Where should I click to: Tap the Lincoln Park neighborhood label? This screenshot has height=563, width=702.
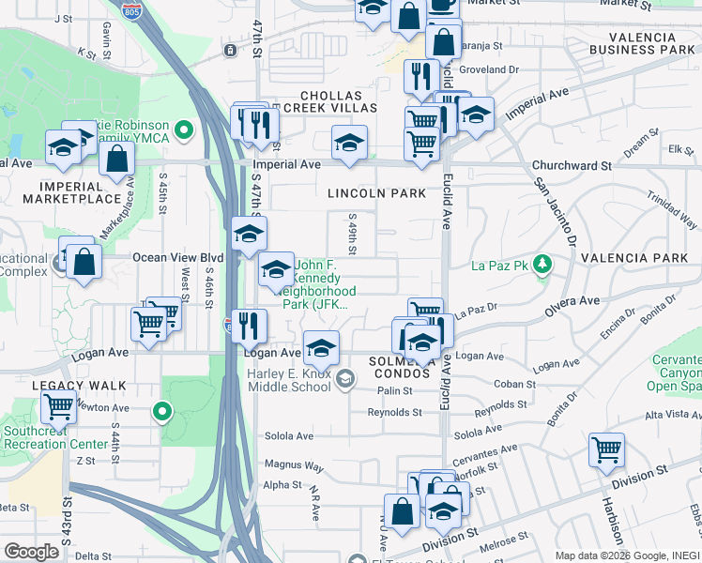point(376,193)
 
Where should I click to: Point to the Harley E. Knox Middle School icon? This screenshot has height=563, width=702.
point(345,379)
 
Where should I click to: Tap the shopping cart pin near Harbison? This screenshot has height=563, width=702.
point(606,450)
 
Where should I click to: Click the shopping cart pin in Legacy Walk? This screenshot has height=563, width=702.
point(58,408)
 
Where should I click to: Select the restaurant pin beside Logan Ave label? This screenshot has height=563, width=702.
point(250,326)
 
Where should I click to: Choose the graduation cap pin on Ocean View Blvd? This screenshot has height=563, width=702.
point(250,234)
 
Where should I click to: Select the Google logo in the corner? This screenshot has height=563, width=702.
point(31,552)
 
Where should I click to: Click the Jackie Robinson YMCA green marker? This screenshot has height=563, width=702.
point(185,129)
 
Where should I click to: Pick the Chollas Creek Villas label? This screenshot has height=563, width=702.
point(336,102)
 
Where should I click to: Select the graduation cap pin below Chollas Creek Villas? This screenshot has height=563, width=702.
point(349,143)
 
